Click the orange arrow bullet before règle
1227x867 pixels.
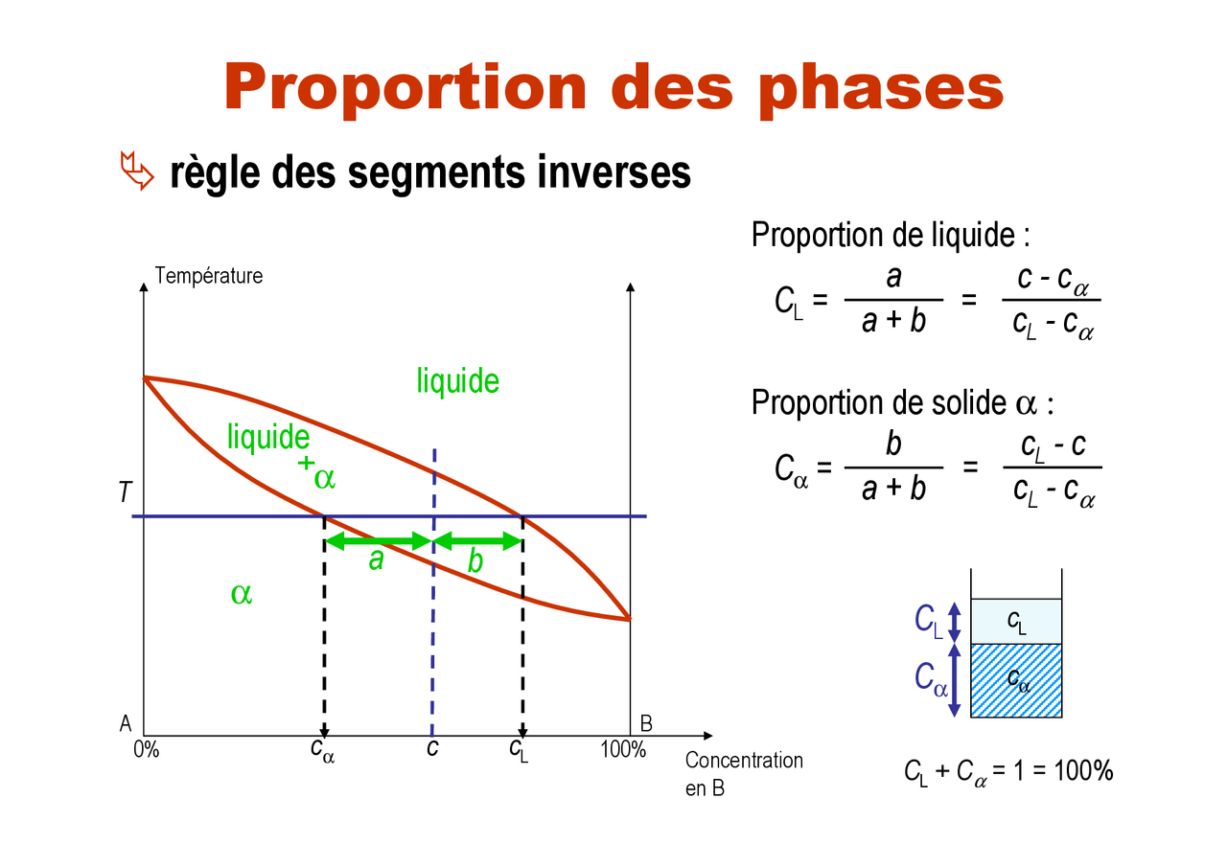click(136, 171)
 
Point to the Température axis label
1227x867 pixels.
click(208, 276)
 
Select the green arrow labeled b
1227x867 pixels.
click(477, 542)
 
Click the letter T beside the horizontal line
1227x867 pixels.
click(124, 493)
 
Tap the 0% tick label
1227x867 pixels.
click(147, 750)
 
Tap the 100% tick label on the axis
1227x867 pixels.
click(623, 750)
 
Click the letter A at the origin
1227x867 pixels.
click(126, 724)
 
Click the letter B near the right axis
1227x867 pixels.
click(645, 724)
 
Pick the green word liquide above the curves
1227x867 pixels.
click(457, 381)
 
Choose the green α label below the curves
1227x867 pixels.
click(241, 593)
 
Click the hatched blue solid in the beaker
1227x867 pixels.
click(1016, 680)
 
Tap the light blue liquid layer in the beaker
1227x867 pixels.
click(1016, 621)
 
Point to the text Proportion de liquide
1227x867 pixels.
click(891, 235)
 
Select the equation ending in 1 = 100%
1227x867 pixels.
click(1007, 770)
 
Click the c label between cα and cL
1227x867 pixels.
click(432, 746)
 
